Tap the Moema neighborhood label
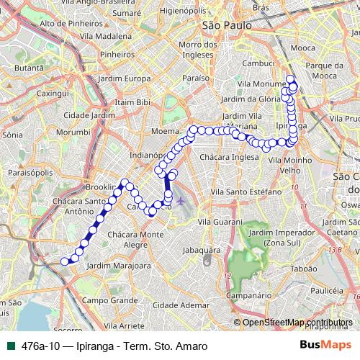[165, 132]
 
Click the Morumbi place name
[73, 132]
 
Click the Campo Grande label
[109, 300]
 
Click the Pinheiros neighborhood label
[118, 54]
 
